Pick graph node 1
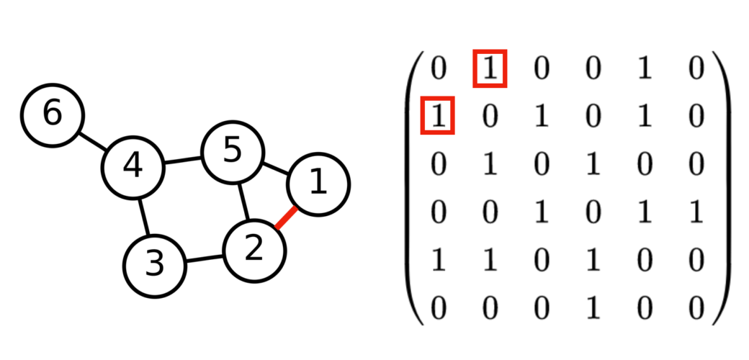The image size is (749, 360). point(318,184)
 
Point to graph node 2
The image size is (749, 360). point(254,250)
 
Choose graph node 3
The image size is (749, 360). point(154,266)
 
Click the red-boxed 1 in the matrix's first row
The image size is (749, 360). point(490,69)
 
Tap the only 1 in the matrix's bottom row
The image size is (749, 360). point(591,307)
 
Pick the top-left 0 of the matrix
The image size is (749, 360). point(437,69)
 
